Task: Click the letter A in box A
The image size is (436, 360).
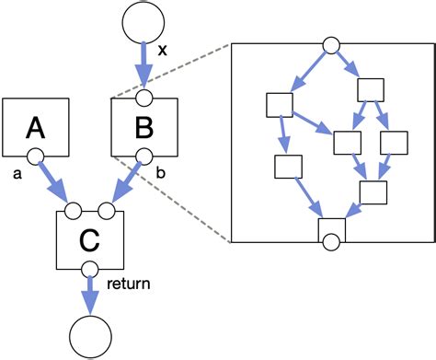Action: tap(38, 126)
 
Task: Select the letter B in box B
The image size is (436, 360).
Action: tap(143, 126)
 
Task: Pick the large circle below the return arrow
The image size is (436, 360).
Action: tap(90, 336)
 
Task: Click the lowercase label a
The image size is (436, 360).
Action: tap(17, 172)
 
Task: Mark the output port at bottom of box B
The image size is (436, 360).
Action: tap(143, 156)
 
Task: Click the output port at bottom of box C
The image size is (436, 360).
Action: tap(90, 268)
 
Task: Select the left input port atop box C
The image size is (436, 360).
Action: tap(75, 210)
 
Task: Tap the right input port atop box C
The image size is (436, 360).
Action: tap(105, 210)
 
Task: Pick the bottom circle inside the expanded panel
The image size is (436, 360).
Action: tap(329, 243)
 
